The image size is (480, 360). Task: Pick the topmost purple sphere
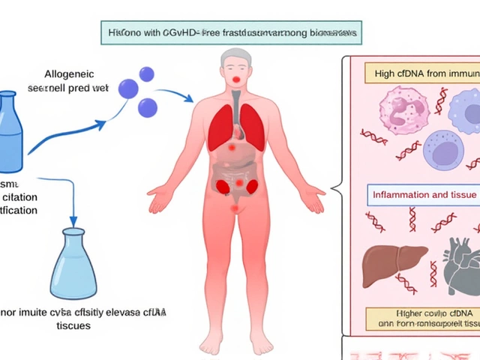click(146, 74)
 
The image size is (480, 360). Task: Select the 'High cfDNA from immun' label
click(421, 73)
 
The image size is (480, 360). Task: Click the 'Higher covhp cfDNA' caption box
click(421, 319)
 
